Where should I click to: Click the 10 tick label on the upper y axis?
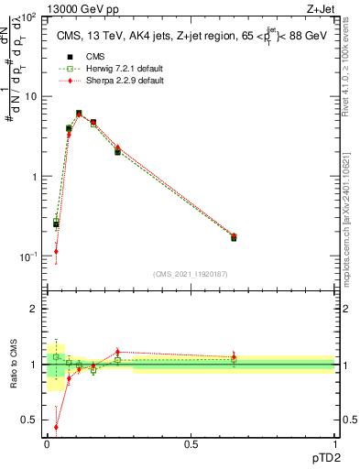tap(30, 96)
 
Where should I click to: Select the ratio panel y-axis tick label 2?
tap(34, 309)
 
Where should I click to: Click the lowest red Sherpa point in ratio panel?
tap(56, 427)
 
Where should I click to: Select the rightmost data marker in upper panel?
tap(234, 237)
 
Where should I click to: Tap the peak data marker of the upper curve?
tap(79, 114)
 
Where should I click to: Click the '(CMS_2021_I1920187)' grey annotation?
tap(191, 273)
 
